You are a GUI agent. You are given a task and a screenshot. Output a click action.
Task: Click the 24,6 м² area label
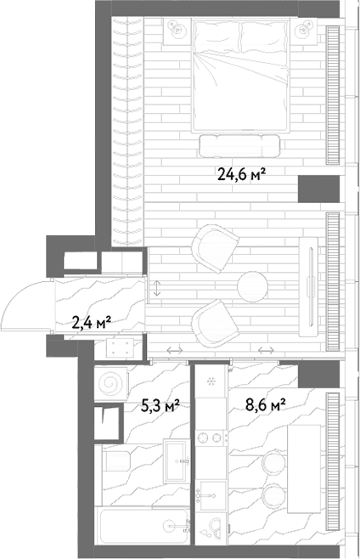coord(241,175)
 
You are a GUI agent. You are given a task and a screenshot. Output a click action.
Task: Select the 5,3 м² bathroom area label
coord(160,406)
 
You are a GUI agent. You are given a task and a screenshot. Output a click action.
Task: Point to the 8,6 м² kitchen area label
coord(266,405)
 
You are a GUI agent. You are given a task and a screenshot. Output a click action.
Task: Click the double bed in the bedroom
coord(240,76)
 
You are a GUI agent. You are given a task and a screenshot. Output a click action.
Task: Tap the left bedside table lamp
coord(177,29)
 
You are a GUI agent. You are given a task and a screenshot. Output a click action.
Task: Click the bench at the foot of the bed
coord(239,146)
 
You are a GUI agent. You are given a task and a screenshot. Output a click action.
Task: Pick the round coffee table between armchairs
coord(252,286)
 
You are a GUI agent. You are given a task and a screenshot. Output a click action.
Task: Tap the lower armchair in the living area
coord(215,323)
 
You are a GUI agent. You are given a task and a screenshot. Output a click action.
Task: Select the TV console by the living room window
coord(308,286)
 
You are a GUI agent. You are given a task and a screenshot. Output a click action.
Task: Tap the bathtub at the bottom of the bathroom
coord(143,526)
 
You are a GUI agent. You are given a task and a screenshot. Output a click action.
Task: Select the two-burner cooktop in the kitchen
coord(211,438)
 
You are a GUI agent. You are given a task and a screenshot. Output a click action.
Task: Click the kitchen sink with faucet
coord(211,495)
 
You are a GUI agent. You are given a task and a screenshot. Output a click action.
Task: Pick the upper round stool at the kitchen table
coord(273,463)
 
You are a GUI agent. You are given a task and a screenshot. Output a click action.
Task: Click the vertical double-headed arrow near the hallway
coord(157,288)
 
